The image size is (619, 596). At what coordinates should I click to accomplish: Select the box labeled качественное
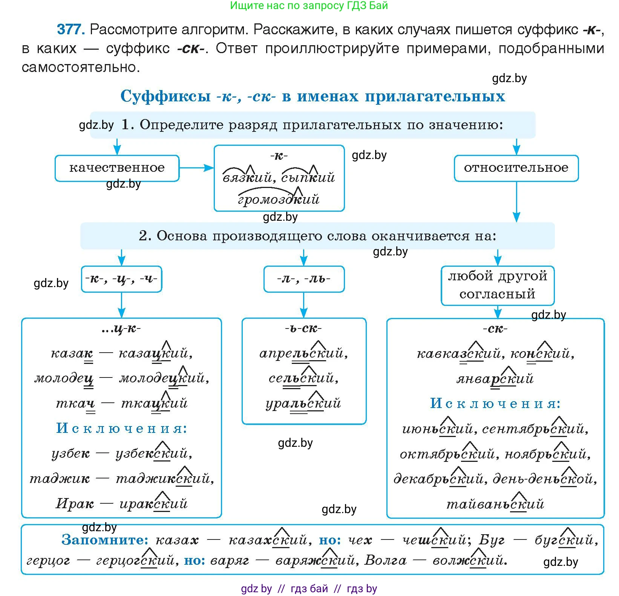[117, 168]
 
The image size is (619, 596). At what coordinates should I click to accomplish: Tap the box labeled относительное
[516, 168]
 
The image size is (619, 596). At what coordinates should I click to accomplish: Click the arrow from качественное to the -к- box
[196, 168]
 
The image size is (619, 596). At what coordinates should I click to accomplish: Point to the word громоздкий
[279, 199]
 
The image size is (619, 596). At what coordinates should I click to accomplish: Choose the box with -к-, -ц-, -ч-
[121, 279]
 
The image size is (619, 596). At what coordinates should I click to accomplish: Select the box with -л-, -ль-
[304, 279]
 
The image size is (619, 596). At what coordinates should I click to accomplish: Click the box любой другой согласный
[497, 285]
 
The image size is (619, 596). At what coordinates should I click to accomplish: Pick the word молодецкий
[164, 378]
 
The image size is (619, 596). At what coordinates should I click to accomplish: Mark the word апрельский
[303, 353]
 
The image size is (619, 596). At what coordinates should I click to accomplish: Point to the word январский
[495, 378]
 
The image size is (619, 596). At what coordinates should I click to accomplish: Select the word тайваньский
[495, 504]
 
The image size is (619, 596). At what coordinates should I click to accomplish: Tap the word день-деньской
[544, 479]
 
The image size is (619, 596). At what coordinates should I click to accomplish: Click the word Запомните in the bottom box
[105, 540]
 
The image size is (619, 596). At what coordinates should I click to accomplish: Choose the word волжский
[469, 561]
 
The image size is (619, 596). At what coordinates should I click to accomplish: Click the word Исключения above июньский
[495, 403]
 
